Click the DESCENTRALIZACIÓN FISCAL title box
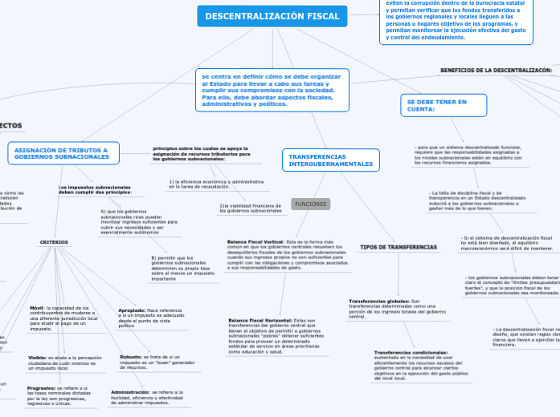tap(272, 16)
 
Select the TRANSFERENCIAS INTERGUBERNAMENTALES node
tap(330, 160)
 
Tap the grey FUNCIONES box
tap(311, 204)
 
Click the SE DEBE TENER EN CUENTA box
tap(433, 106)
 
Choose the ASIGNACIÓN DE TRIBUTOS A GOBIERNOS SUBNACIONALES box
tap(63, 153)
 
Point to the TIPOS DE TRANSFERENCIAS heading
tap(399, 247)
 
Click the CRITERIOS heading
tap(55, 242)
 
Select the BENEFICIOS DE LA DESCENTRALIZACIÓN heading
tap(496, 70)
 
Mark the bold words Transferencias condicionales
tap(411, 352)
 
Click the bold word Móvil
tap(37, 308)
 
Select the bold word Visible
tap(37, 357)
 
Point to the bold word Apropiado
tap(132, 310)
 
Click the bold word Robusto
tap(130, 356)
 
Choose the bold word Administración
tap(129, 392)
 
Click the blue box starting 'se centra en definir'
tap(272, 90)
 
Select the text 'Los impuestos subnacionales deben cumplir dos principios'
tap(95, 190)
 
